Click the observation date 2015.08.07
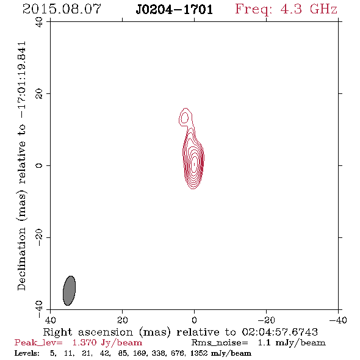62,9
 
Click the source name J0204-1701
175,10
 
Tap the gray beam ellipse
70,290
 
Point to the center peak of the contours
195,164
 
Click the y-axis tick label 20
39,94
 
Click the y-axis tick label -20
39,237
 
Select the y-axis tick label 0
39,165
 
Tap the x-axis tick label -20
266,320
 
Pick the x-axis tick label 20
123,320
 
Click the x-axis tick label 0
194,320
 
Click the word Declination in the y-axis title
21,259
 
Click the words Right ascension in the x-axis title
88,332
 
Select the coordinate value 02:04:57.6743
280,332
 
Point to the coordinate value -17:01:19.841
22,80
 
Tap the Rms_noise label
220,343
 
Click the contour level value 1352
199,353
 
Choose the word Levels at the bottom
27,353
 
